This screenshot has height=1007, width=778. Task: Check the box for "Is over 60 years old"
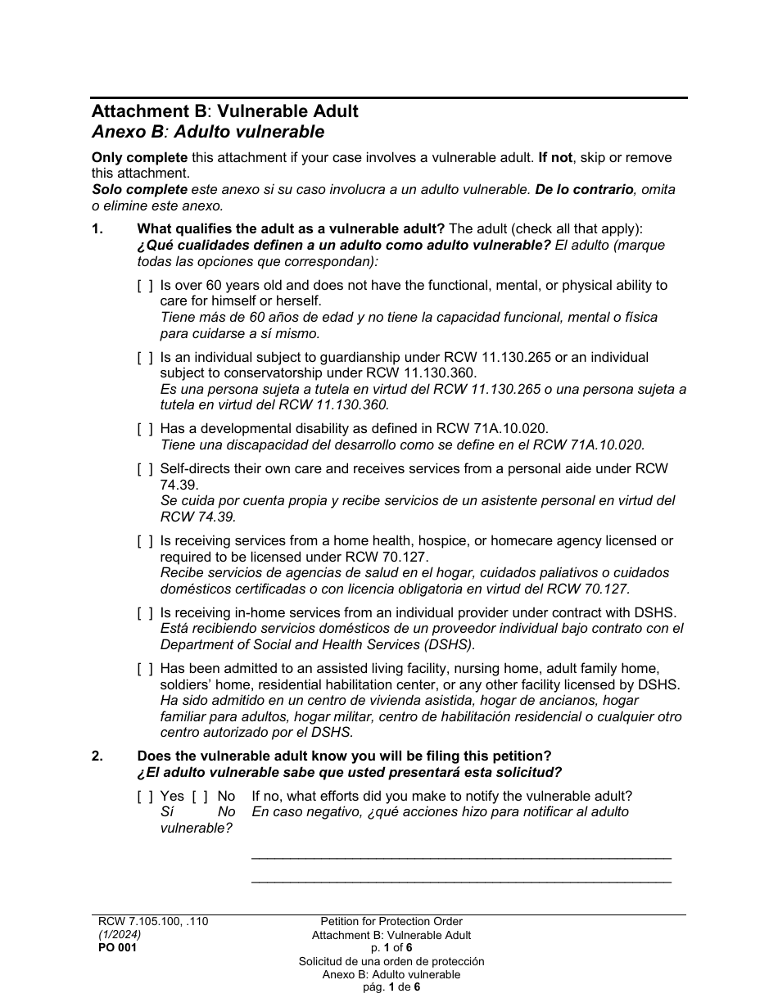click(x=144, y=286)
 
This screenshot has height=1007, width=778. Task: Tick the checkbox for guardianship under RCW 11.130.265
click(x=144, y=358)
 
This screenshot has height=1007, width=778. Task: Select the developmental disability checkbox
click(x=144, y=429)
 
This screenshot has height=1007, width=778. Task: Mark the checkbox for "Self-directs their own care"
click(x=144, y=469)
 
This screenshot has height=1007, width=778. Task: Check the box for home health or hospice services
click(x=144, y=541)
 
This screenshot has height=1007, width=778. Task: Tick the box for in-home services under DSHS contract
click(x=144, y=613)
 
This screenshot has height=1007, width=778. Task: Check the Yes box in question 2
click(x=144, y=797)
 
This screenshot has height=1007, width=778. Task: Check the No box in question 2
click(x=200, y=797)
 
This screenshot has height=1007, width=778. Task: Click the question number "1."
click(x=97, y=229)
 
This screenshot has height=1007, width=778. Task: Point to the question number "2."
click(x=97, y=756)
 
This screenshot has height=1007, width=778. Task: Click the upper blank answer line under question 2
click(x=461, y=856)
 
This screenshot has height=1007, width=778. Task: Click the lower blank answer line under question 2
click(x=461, y=881)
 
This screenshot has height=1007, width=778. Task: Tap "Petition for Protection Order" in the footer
click(x=391, y=922)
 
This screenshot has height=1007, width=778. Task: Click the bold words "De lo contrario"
click(x=584, y=189)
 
